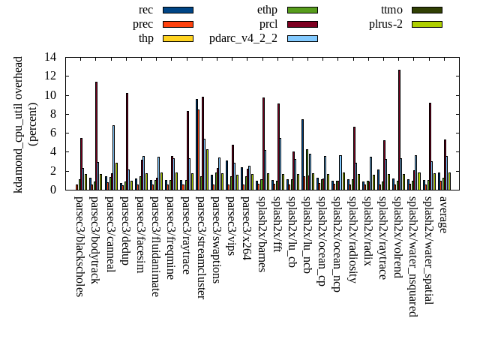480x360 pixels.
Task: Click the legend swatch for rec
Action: [x=178, y=10]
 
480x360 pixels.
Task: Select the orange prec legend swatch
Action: [x=178, y=24]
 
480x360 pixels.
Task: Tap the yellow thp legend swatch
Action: [x=178, y=38]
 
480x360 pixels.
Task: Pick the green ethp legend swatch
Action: [x=302, y=10]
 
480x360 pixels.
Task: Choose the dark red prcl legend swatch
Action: [x=302, y=24]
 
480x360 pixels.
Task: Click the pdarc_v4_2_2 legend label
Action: [x=243, y=38]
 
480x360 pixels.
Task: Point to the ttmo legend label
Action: [x=391, y=10]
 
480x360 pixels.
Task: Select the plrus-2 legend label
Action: [x=385, y=24]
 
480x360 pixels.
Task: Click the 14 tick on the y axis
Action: [x=50, y=57]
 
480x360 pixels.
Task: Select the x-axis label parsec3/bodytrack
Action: [x=94, y=240]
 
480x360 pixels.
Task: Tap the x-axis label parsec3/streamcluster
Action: [x=201, y=247]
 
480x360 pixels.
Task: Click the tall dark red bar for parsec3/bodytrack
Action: [x=96, y=136]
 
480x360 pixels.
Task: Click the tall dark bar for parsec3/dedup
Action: [x=127, y=141]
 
